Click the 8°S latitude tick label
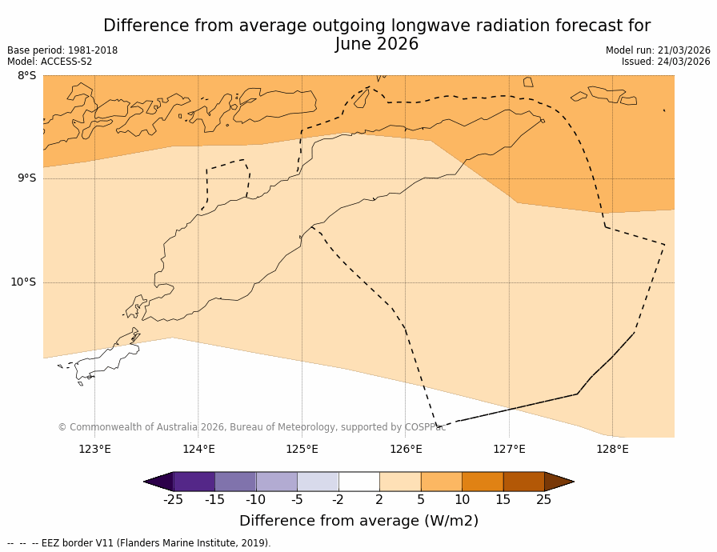click(26, 76)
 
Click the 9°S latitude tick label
click(26, 178)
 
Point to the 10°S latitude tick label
click(23, 282)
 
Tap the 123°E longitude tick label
click(94, 449)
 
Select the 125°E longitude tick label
click(302, 449)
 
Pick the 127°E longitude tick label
click(509, 449)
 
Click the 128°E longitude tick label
click(612, 449)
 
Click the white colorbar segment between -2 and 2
click(358, 482)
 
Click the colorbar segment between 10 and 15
click(483, 482)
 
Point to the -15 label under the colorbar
click(214, 500)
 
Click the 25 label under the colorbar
click(543, 500)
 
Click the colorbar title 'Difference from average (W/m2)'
click(358, 521)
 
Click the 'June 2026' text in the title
click(377, 45)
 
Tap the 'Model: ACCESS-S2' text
click(50, 62)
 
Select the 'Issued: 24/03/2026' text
click(666, 62)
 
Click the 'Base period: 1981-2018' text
click(62, 50)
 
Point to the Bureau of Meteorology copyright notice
click(251, 427)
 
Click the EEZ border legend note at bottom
click(138, 543)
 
